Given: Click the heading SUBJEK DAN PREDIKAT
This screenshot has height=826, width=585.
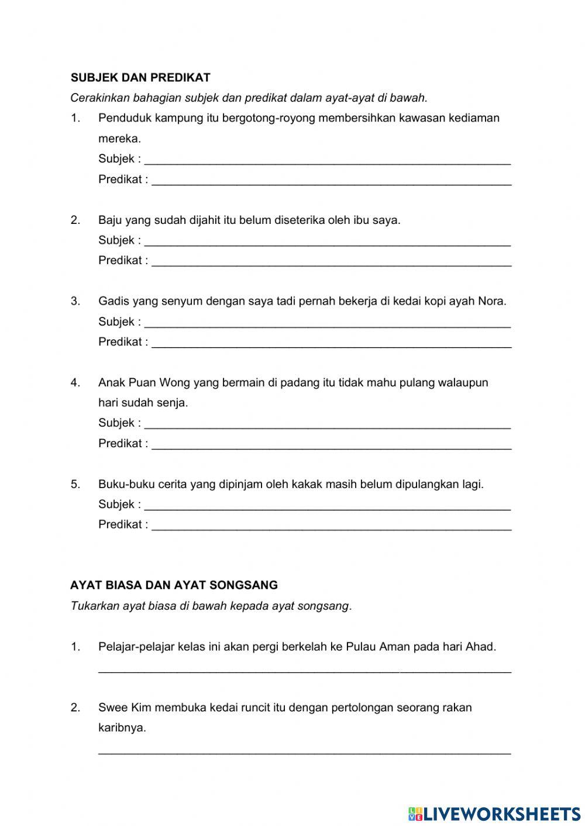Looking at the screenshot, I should point(140,77).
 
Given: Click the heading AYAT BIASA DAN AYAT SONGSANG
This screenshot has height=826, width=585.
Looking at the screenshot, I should point(174,585).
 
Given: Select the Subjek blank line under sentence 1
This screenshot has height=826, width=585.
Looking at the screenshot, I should point(328,160).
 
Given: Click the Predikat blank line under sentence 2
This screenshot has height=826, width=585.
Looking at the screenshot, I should point(332,262).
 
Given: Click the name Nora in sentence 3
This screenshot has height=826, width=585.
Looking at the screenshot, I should point(491,301).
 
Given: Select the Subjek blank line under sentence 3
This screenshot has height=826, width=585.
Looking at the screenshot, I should point(328,323).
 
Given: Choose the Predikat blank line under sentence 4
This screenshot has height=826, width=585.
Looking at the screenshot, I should point(332,445).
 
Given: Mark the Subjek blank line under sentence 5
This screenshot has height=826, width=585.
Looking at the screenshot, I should point(328,506).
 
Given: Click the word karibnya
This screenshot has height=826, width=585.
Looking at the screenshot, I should point(122,728).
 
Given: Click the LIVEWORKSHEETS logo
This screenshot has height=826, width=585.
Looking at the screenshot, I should point(494,813).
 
